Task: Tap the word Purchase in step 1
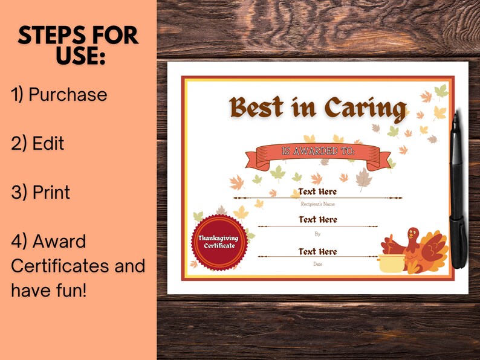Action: coord(68,95)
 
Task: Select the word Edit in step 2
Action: coord(48,144)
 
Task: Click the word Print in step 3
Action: coord(51,193)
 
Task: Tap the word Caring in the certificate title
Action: coord(365,108)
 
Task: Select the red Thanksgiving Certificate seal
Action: coord(219,242)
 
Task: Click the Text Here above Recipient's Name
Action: coord(318,192)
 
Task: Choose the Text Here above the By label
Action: coord(318,220)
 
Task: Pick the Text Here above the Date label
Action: coord(318,252)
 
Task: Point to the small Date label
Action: coord(318,264)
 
